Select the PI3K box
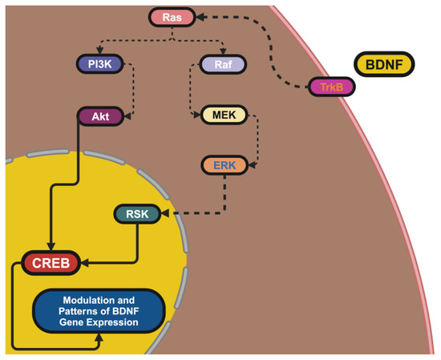pos(99,63)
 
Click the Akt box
pos(100,116)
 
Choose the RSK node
pos(138,214)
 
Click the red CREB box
pos(51,262)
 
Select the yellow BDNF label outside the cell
pos(384,66)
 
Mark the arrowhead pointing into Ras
pos(200,16)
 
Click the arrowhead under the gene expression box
pos(98,340)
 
